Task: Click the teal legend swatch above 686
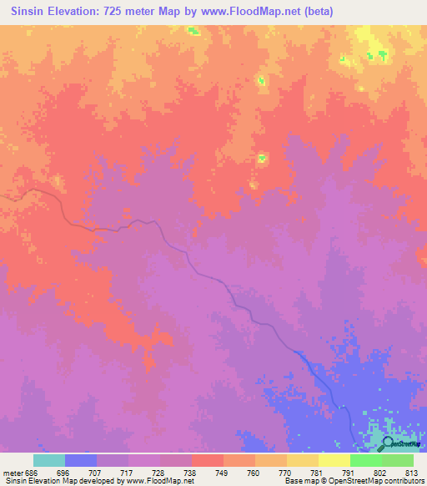49,460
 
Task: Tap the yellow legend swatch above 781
302,460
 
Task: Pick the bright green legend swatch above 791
365,460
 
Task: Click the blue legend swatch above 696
81,460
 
